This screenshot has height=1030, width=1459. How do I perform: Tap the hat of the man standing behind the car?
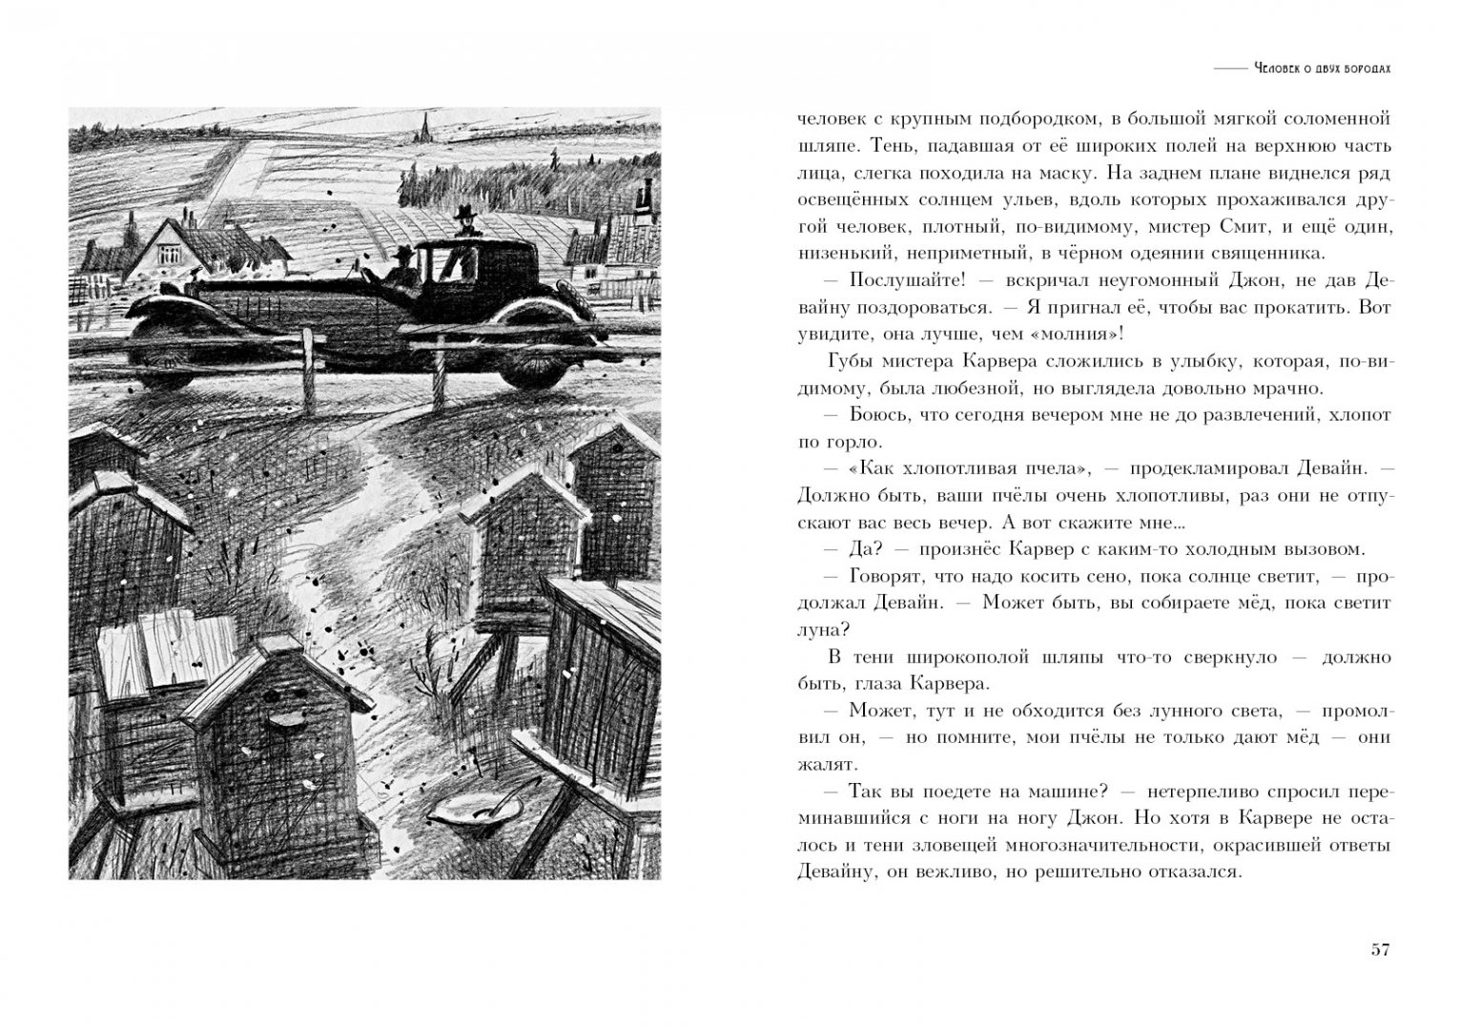[x=465, y=212]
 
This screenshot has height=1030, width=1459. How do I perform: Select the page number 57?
[x=1380, y=950]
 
